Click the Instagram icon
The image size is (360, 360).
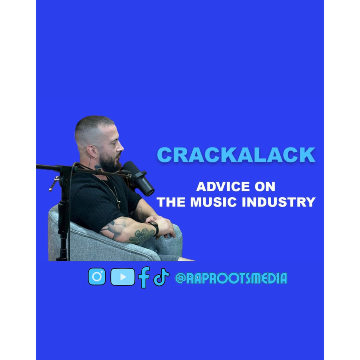(97, 276)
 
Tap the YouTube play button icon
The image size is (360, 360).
(123, 277)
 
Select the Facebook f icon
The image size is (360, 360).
(144, 277)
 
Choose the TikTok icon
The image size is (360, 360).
(161, 277)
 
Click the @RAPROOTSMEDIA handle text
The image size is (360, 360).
(231, 278)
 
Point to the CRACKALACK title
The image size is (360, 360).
(236, 155)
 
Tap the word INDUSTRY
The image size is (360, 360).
(279, 202)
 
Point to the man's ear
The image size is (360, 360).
(92, 152)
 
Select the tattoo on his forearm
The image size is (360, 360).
(141, 235)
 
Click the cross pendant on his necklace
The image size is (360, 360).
(118, 203)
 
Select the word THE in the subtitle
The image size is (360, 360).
(171, 202)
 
